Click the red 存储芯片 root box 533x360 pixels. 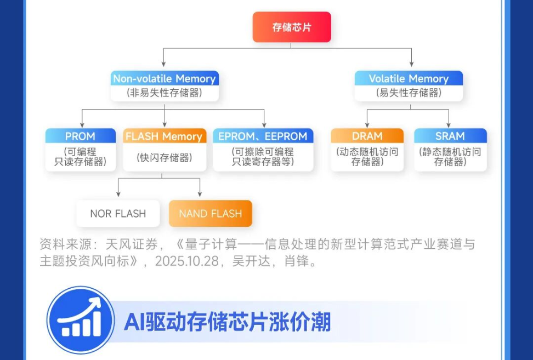tap(291, 27)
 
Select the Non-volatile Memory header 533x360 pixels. tap(164, 78)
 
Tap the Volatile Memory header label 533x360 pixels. tap(408, 78)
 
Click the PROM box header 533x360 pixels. tap(80, 136)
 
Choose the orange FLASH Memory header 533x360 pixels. tap(164, 136)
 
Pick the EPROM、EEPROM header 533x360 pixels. tap(263, 136)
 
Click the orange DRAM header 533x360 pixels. tap(367, 136)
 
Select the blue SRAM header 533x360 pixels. tap(450, 136)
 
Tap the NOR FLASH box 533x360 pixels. tap(118, 214)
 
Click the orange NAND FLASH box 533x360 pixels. tap(210, 214)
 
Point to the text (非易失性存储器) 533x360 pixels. tap(164, 93)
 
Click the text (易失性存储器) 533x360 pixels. tap(408, 93)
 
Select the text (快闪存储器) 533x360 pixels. tap(164, 158)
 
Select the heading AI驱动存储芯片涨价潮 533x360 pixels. tap(227, 322)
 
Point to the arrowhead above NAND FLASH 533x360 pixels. tap(200, 194)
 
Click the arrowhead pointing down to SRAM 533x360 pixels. tap(449, 125)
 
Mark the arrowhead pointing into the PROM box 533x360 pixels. tap(82, 125)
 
